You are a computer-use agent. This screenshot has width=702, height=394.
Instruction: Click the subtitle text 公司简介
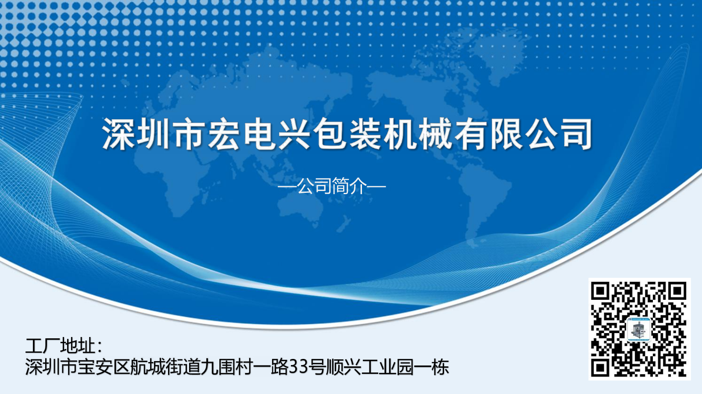click(x=332, y=186)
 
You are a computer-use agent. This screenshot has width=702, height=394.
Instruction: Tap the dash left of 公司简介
click(x=287, y=187)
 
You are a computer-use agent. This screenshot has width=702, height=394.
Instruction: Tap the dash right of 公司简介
click(x=376, y=187)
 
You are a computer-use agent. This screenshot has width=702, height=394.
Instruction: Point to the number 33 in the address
click(x=297, y=367)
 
